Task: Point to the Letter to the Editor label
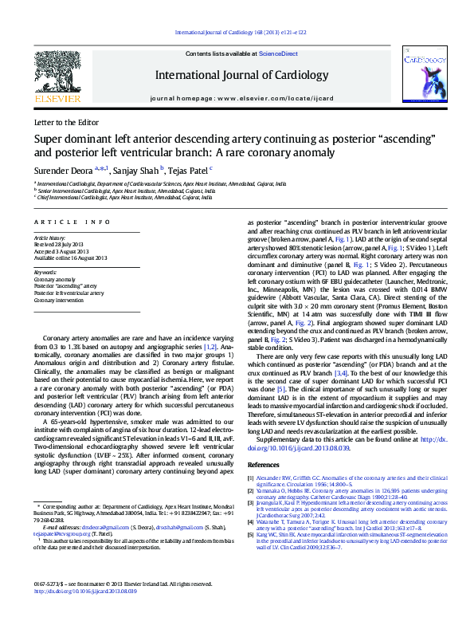coord(66,123)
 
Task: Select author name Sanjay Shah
coord(133,170)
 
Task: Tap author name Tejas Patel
coord(188,170)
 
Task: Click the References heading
coord(264,463)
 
